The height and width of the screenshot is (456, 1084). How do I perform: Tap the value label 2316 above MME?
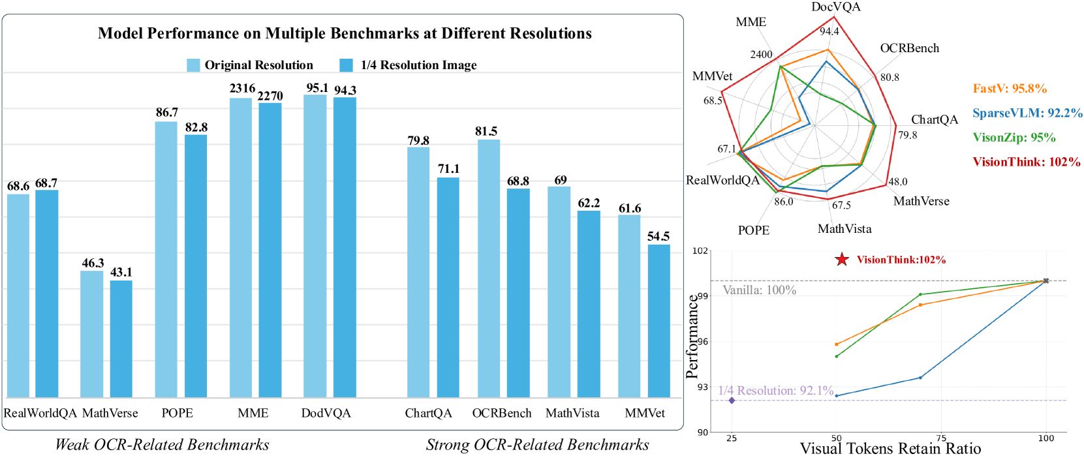coord(242,88)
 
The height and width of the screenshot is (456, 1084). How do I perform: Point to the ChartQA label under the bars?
coord(428,413)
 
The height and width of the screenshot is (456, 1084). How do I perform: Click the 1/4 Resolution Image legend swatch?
coord(347,65)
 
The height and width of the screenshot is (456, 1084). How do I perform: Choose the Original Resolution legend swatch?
coord(193,65)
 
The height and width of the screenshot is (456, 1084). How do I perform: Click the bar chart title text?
coord(345,33)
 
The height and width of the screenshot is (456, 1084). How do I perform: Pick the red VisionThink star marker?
coord(842,260)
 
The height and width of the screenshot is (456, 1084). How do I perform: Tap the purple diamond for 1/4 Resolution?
coord(732,401)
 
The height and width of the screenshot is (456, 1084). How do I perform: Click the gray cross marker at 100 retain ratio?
coord(1046,281)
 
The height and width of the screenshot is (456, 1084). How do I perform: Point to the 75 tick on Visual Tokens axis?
coord(941,438)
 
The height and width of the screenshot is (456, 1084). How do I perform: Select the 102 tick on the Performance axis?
coord(700,251)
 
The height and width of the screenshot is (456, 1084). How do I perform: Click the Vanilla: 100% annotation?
coord(759,290)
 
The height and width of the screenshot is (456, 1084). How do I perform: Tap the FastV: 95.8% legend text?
coord(1009,89)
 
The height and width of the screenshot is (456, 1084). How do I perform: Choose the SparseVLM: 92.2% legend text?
coord(1027,113)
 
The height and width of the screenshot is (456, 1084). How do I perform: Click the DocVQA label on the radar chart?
coord(836,7)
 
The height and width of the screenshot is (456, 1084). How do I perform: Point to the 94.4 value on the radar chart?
coord(829,31)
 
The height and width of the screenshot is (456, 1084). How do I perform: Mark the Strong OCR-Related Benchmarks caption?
coord(537,445)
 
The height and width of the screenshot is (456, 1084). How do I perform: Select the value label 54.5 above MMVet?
coord(658,236)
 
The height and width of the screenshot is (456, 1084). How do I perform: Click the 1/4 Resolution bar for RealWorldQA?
coord(46,294)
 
